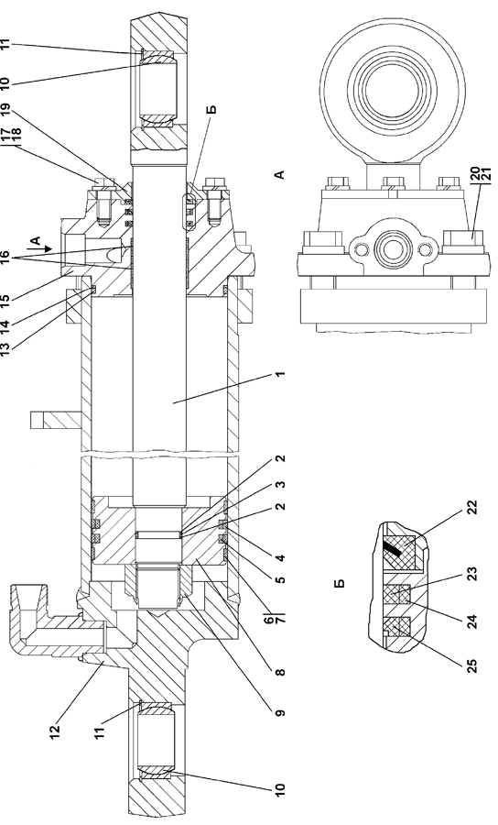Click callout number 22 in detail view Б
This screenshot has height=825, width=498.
(x=472, y=508)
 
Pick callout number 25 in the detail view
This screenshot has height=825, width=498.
(x=472, y=666)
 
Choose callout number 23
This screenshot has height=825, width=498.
(x=472, y=574)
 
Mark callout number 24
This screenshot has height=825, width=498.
(x=472, y=621)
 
